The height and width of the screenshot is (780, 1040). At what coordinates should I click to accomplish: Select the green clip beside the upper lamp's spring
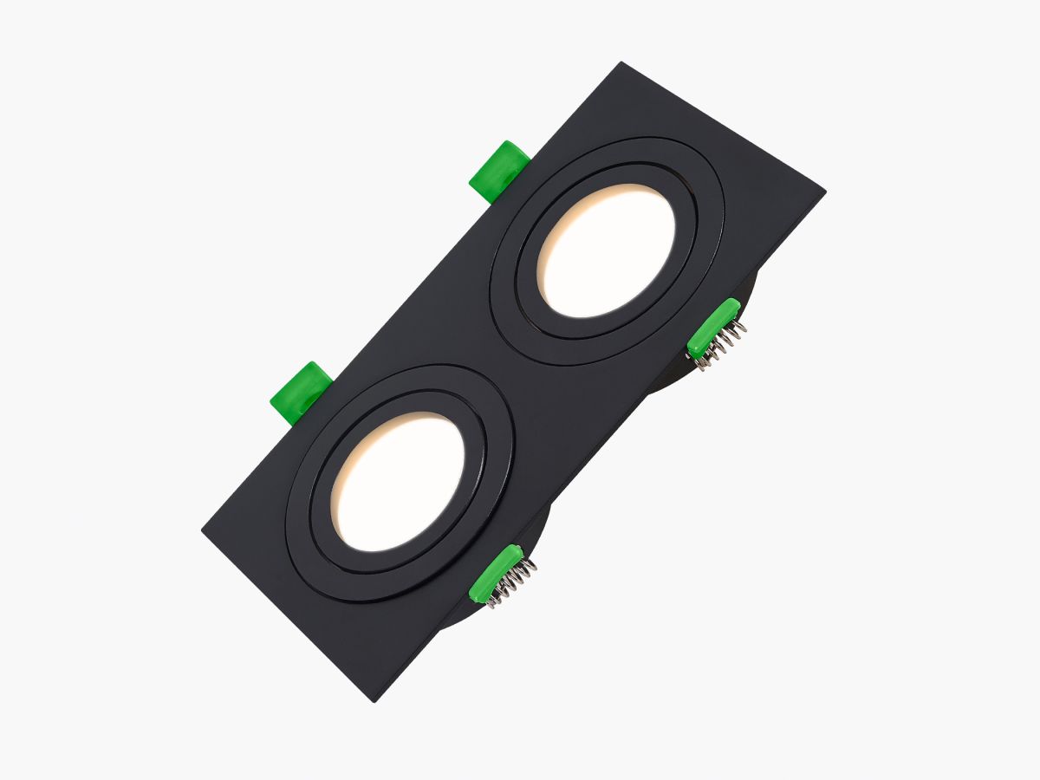click(712, 328)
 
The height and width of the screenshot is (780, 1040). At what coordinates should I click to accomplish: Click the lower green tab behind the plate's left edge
click(303, 390)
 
